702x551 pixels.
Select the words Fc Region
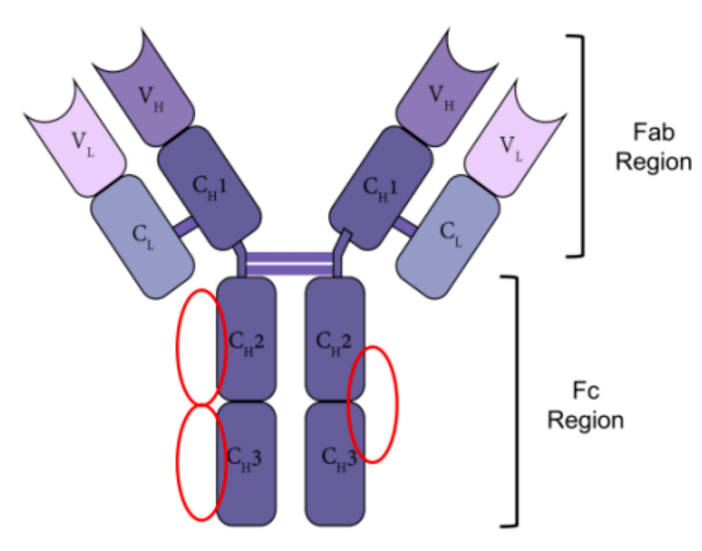click(585, 406)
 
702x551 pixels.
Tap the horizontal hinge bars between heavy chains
click(289, 264)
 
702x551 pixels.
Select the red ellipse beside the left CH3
click(200, 462)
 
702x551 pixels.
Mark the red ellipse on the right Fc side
click(372, 404)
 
